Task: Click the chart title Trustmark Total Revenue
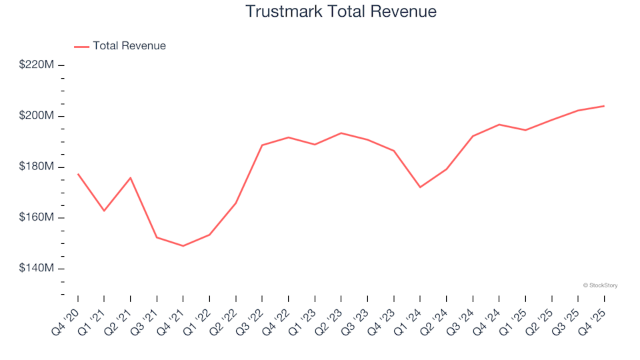[x=341, y=11]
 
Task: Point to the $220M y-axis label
[x=37, y=65]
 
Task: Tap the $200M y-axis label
[x=37, y=116]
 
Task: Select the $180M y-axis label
[x=37, y=167]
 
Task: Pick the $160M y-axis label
[x=37, y=218]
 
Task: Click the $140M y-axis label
[x=37, y=269]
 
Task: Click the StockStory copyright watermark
[x=600, y=285]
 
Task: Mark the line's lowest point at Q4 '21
[x=183, y=246]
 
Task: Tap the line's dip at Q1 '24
[x=420, y=187]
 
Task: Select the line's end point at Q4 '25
[x=604, y=106]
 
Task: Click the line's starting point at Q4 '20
[x=78, y=174]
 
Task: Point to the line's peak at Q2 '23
[x=341, y=133]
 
